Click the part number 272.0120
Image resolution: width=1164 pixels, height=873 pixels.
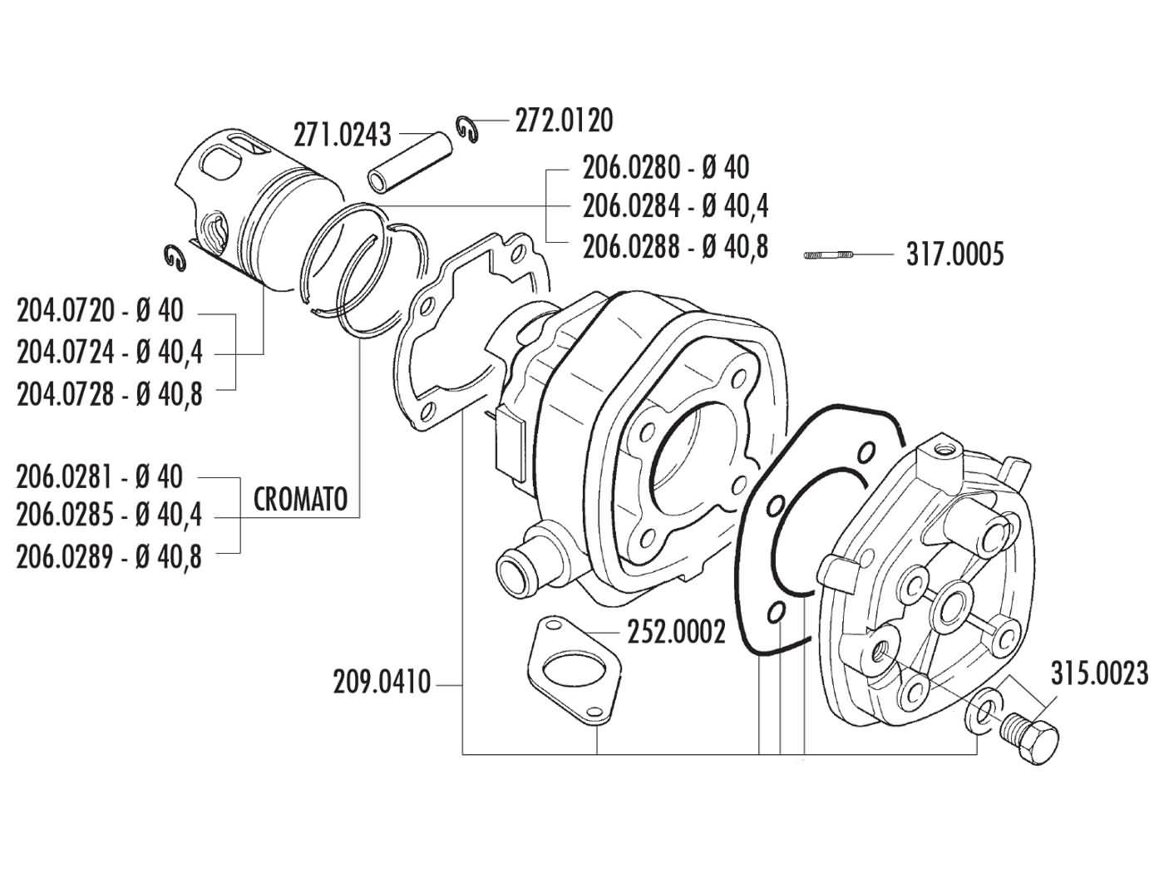click(x=563, y=121)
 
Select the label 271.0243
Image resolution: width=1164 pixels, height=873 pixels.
click(x=342, y=134)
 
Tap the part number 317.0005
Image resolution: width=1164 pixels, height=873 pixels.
click(x=954, y=254)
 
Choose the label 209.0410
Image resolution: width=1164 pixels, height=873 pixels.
click(x=382, y=683)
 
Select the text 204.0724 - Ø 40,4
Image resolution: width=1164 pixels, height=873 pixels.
click(x=109, y=353)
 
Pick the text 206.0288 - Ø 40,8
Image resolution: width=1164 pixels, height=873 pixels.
click(x=674, y=247)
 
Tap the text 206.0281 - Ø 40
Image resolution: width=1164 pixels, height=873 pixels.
click(x=100, y=477)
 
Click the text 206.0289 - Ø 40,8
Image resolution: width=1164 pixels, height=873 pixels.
click(x=109, y=555)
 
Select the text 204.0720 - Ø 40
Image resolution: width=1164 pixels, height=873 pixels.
click(x=100, y=313)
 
